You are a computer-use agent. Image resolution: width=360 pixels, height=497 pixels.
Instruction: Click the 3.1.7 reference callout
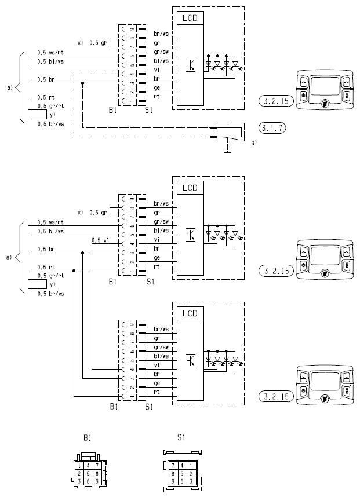click(x=272, y=128)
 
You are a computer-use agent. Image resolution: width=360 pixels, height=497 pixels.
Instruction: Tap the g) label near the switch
click(x=254, y=142)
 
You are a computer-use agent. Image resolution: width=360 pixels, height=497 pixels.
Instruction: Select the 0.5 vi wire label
click(x=100, y=240)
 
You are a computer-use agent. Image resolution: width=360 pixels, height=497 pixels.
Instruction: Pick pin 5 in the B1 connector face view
click(x=88, y=474)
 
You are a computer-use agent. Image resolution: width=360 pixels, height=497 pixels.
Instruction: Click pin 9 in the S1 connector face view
click(x=173, y=481)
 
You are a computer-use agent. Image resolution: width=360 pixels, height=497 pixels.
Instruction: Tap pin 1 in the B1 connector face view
click(x=79, y=466)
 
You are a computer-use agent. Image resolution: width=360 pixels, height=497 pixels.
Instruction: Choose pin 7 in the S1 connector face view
click(x=173, y=465)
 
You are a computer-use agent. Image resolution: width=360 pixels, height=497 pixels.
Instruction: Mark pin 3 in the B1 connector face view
click(x=79, y=481)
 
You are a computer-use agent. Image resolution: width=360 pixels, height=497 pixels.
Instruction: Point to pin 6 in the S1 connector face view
click(x=182, y=481)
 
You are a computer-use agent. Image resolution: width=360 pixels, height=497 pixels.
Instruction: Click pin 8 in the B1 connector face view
click(x=97, y=474)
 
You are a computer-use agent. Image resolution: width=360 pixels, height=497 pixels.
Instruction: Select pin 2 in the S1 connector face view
click(x=191, y=473)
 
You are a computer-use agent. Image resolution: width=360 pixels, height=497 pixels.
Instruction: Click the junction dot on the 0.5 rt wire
click(x=74, y=271)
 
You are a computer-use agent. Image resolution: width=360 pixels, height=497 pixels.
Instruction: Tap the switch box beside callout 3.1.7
click(x=231, y=132)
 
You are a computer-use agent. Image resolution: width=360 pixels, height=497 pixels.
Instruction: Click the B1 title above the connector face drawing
click(x=87, y=438)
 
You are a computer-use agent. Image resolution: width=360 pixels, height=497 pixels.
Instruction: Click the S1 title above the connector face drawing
click(x=181, y=437)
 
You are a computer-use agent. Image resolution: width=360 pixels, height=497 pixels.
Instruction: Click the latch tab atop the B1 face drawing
click(x=88, y=456)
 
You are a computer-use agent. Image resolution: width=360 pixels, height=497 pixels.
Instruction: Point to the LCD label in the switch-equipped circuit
click(x=190, y=18)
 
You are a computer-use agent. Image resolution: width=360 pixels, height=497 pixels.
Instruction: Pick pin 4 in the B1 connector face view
click(x=88, y=466)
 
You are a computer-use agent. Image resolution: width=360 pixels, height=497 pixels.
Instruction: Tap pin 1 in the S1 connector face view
click(x=191, y=465)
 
